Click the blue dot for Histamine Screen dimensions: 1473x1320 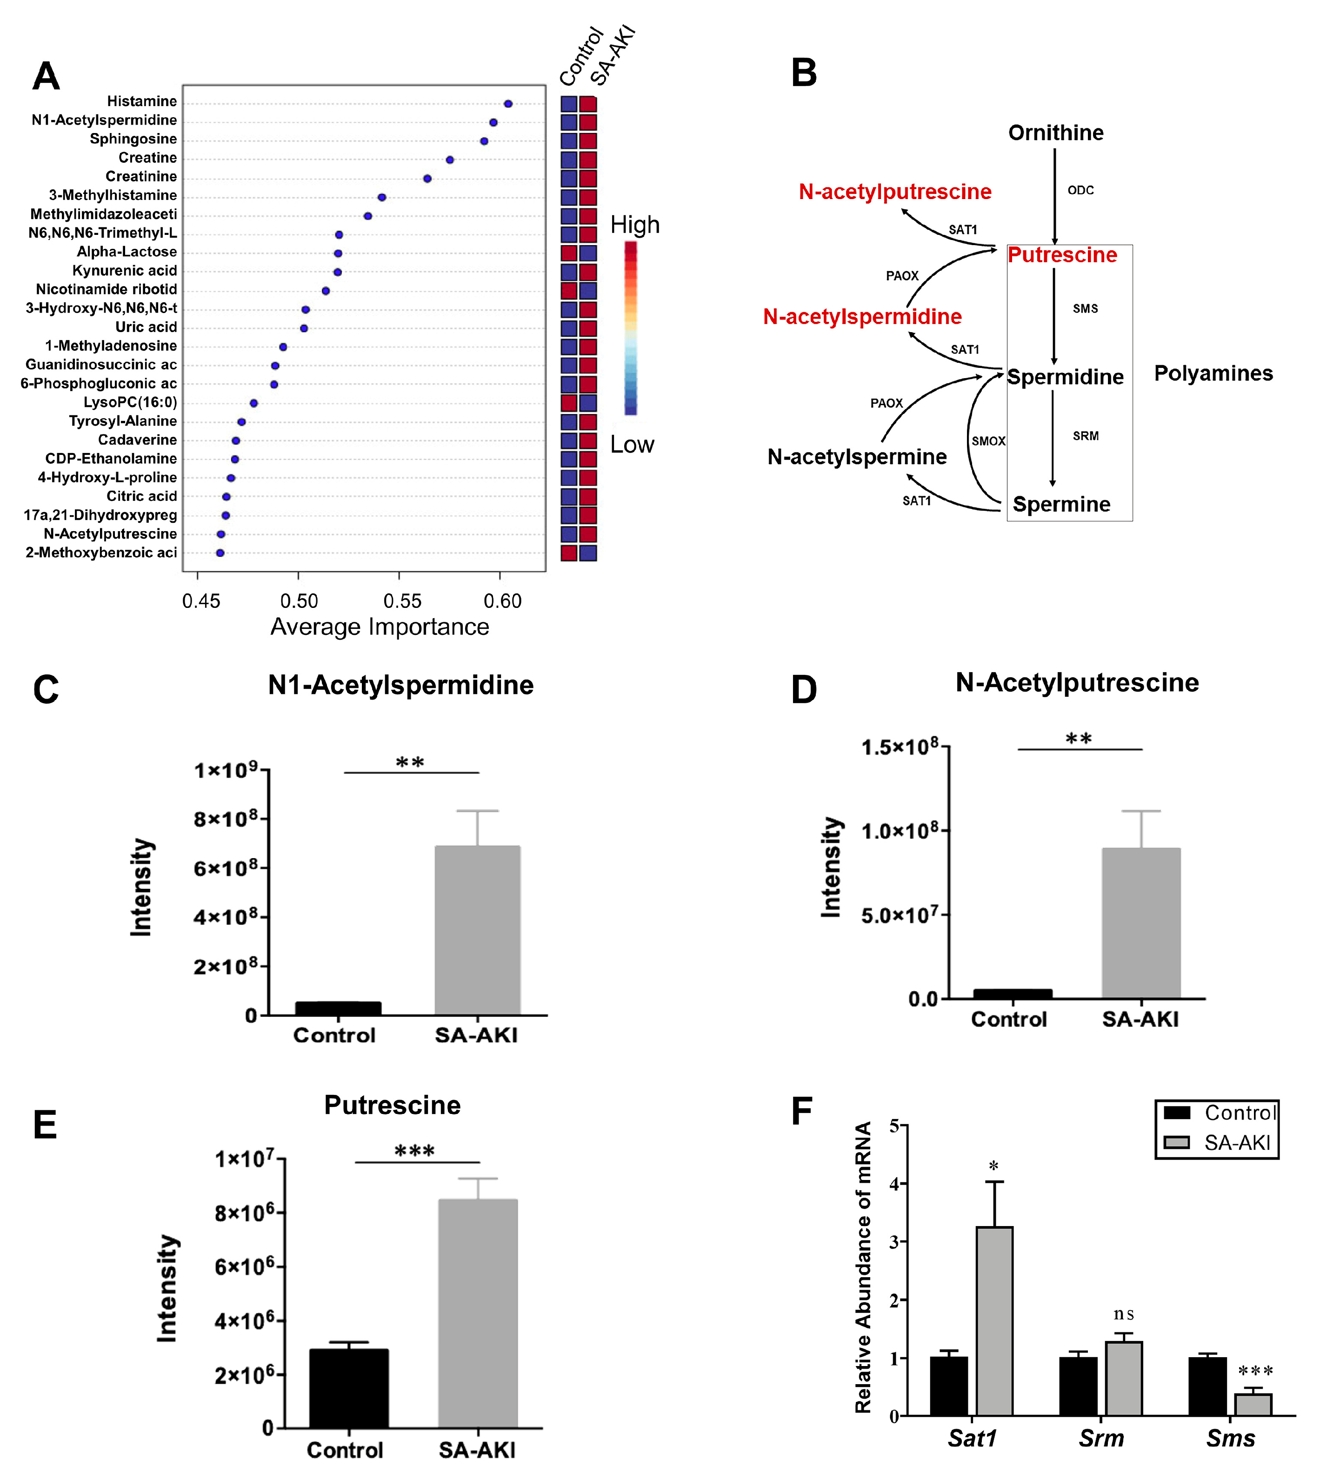(x=508, y=104)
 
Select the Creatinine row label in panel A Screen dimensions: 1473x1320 (x=141, y=176)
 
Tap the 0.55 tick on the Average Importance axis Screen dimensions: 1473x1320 (x=402, y=600)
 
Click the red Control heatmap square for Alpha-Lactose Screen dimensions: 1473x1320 (x=569, y=253)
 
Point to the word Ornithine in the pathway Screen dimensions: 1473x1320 (x=1055, y=133)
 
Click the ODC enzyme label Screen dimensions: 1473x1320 (x=1080, y=190)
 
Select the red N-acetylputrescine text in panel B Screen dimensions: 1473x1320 (x=894, y=192)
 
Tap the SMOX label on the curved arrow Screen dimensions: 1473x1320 (x=988, y=441)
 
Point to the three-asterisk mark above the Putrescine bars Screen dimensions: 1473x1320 (x=414, y=1152)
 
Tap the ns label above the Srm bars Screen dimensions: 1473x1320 (x=1123, y=1313)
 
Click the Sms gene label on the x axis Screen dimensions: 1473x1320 (x=1230, y=1438)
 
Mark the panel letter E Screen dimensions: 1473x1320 (x=45, y=1125)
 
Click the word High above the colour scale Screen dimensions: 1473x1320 (x=634, y=225)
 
